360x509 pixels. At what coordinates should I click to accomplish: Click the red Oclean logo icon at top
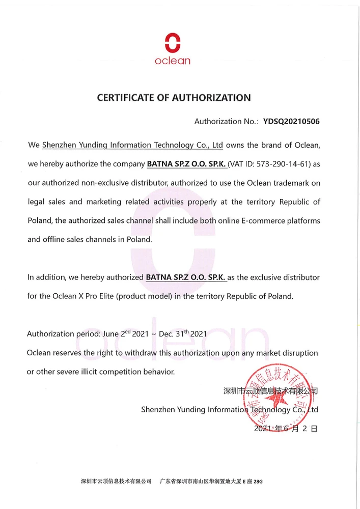pyautogui.click(x=173, y=42)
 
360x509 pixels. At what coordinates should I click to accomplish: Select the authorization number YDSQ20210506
pyautogui.click(x=291, y=122)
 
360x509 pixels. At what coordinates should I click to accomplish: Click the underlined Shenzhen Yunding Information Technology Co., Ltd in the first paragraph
pyautogui.click(x=132, y=145)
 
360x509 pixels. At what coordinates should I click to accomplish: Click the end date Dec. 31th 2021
pyautogui.click(x=183, y=334)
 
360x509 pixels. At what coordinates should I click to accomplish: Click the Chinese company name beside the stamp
pyautogui.click(x=270, y=391)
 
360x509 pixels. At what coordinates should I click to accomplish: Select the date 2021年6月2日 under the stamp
pyautogui.click(x=285, y=429)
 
